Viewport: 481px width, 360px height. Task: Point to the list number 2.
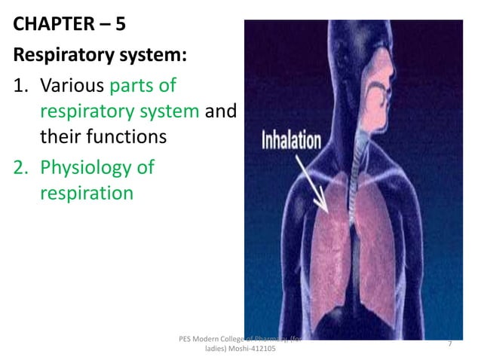pyautogui.click(x=21, y=166)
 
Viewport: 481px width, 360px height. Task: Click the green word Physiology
pyautogui.click(x=97, y=166)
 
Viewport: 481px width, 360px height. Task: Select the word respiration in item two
pyautogui.click(x=85, y=193)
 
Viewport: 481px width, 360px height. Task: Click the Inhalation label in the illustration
pyautogui.click(x=291, y=140)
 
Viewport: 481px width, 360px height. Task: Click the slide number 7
pyautogui.click(x=449, y=344)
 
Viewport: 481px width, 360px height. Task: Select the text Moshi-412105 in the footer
pyautogui.click(x=250, y=350)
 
